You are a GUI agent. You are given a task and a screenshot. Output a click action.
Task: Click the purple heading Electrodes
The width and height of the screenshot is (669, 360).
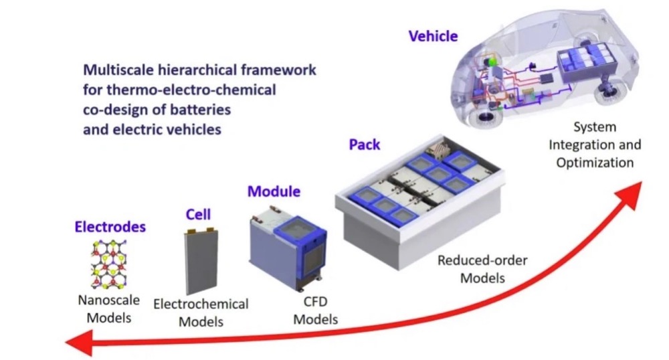[x=110, y=228]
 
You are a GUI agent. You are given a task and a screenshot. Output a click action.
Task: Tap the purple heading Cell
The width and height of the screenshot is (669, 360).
[x=197, y=214]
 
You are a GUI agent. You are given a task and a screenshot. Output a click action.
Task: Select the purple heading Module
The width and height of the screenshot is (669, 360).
[x=274, y=192]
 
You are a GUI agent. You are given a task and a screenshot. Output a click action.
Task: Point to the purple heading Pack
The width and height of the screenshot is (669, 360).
[x=365, y=144]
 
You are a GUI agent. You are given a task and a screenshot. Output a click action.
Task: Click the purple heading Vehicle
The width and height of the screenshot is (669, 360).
[x=433, y=36]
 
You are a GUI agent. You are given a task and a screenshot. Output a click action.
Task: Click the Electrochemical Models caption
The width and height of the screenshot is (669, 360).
[x=201, y=312]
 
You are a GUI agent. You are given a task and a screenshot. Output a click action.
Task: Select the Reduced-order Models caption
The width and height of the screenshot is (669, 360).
[x=482, y=268]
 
